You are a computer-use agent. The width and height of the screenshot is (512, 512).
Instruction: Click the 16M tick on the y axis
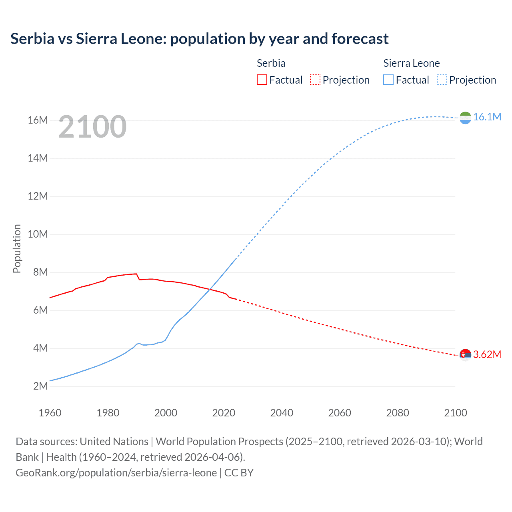point(38,120)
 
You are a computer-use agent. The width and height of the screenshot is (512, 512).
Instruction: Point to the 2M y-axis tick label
point(40,386)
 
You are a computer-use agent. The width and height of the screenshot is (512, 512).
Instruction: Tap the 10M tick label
point(38,234)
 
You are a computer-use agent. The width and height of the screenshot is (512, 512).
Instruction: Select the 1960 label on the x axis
point(50,413)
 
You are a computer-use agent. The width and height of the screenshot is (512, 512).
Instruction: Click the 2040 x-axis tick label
point(282,413)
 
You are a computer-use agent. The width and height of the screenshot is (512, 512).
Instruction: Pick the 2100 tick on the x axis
point(455,413)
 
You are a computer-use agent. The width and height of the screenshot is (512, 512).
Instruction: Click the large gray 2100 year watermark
point(92,127)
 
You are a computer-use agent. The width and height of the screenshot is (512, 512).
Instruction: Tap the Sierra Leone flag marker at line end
point(465,118)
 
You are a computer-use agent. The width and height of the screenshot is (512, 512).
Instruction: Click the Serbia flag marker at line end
point(465,355)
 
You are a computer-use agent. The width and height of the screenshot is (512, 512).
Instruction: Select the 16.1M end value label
point(487,117)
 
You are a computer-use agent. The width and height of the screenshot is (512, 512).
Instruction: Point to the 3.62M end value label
point(487,355)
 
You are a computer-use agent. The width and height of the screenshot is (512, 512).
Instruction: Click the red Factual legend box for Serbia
point(262,80)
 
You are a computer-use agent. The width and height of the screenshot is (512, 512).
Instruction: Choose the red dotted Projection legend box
point(315,80)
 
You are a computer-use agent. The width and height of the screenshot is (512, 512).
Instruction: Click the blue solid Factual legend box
point(388,80)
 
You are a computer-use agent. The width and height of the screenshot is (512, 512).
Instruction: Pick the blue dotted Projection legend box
point(442,80)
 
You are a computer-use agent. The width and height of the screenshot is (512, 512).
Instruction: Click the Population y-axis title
point(17,248)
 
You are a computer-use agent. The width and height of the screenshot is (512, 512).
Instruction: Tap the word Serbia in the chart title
point(32,39)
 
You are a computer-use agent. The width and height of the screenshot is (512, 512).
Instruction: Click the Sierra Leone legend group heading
point(411,63)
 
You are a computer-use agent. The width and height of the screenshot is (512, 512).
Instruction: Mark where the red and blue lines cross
point(210,289)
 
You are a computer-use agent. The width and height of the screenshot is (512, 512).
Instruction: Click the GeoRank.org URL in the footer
point(116,473)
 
